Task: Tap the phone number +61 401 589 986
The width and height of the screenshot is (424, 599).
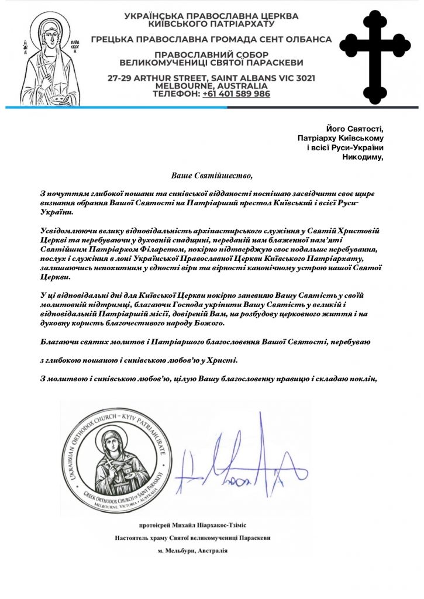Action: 236,94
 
